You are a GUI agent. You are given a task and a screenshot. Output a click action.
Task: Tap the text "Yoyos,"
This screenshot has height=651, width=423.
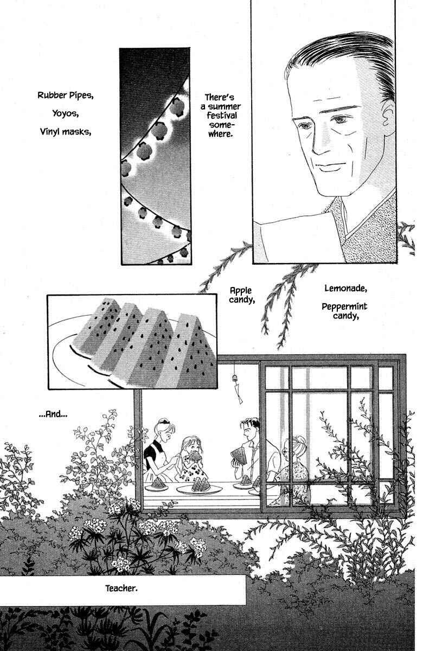click(66, 113)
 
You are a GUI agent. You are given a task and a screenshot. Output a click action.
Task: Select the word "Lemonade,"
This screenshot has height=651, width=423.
click(345, 288)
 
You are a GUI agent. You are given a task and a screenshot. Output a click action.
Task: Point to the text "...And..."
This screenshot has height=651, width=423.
click(53, 414)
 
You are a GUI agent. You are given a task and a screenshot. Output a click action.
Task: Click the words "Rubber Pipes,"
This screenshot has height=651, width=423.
click(66, 95)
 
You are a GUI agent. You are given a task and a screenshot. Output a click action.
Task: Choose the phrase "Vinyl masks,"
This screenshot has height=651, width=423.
click(66, 132)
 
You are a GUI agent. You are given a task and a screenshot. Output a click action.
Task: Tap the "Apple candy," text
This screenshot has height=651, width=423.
click(242, 295)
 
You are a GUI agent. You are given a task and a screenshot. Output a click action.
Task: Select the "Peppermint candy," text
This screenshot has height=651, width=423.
click(344, 311)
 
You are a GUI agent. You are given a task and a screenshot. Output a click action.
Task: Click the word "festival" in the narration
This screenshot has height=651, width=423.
click(222, 116)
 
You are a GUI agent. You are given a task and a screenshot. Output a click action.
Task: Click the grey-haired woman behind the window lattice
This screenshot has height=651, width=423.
click(294, 468)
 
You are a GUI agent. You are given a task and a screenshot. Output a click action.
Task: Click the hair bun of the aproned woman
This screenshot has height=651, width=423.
click(162, 421)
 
